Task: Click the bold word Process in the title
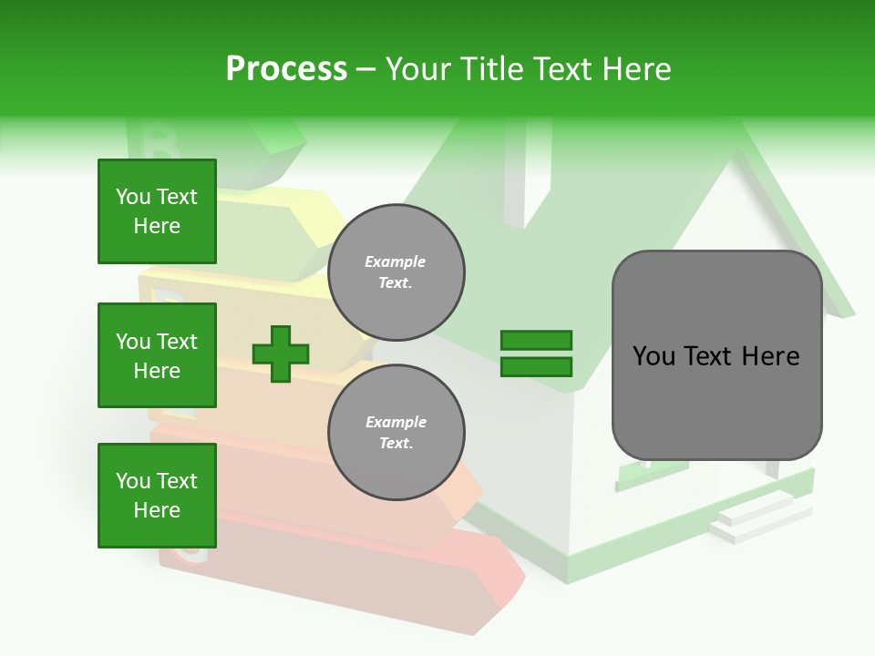(286, 69)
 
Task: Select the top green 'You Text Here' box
(157, 211)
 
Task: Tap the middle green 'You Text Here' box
(157, 355)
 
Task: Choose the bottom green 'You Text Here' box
(157, 496)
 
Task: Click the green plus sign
(281, 354)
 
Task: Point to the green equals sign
(536, 354)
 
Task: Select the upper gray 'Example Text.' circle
(396, 272)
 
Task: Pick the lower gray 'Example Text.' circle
(396, 432)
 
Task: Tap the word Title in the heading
(490, 69)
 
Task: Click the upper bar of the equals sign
(536, 341)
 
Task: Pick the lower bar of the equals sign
(536, 366)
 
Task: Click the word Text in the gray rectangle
(707, 356)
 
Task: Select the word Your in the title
(417, 69)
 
